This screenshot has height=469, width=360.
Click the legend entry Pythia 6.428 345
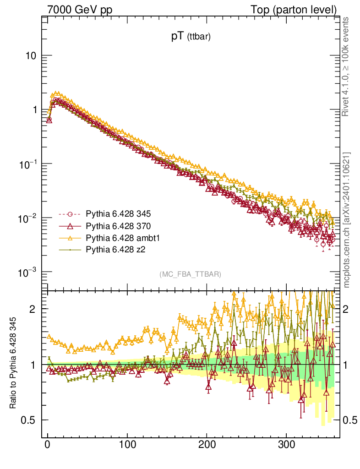click(118, 214)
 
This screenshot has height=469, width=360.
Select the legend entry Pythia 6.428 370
click(118, 226)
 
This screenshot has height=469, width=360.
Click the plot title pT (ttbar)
click(191, 37)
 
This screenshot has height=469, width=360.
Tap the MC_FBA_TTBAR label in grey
click(191, 274)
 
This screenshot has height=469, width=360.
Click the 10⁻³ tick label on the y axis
click(28, 273)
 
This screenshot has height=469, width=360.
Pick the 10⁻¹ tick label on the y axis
click(28, 164)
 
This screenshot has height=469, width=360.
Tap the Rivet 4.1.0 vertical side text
click(347, 66)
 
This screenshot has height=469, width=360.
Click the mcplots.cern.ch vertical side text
click(347, 220)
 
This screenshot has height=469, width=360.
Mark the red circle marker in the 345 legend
click(70, 214)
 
